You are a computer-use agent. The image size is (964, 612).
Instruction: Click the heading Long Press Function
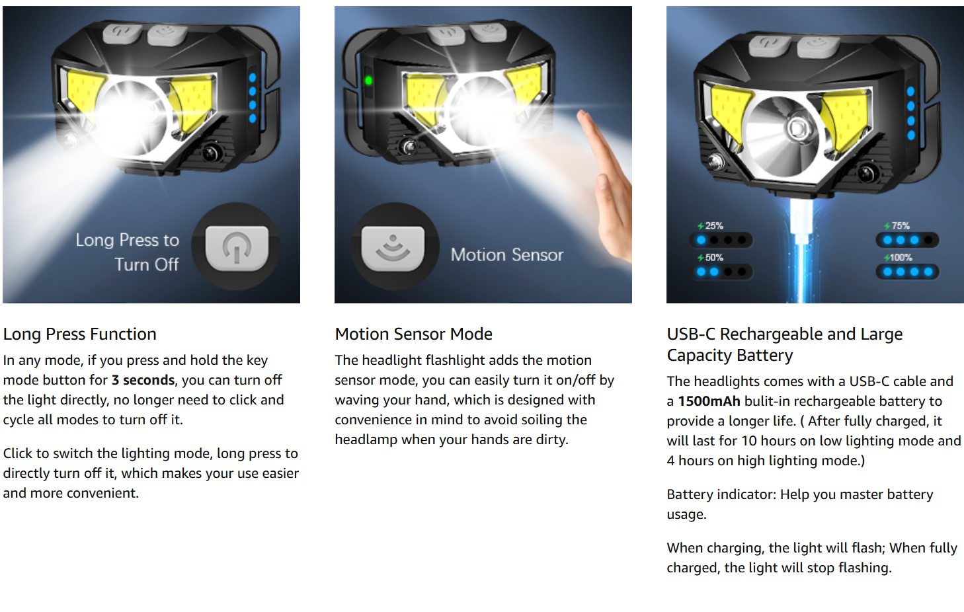click(79, 334)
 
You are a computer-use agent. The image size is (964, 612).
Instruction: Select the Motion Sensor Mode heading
click(414, 334)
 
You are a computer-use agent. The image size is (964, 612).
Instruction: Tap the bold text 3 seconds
click(143, 380)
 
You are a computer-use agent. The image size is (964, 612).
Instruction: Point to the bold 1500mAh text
click(709, 401)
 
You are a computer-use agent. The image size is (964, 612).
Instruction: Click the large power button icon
click(237, 248)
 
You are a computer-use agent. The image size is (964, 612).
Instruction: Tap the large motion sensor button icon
click(393, 248)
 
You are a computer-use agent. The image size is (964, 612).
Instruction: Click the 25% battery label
click(711, 226)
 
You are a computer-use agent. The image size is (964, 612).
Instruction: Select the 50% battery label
click(711, 258)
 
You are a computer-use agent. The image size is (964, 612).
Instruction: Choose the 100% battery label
click(898, 258)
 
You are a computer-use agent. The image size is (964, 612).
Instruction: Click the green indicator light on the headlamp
click(368, 81)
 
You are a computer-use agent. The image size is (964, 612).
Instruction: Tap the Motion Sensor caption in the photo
click(507, 255)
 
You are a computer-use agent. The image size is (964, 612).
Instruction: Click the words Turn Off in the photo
click(147, 264)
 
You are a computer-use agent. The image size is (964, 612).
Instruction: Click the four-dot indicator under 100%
click(907, 272)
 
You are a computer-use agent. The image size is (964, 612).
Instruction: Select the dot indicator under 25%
click(721, 240)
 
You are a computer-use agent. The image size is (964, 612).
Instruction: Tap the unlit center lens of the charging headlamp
click(797, 128)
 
